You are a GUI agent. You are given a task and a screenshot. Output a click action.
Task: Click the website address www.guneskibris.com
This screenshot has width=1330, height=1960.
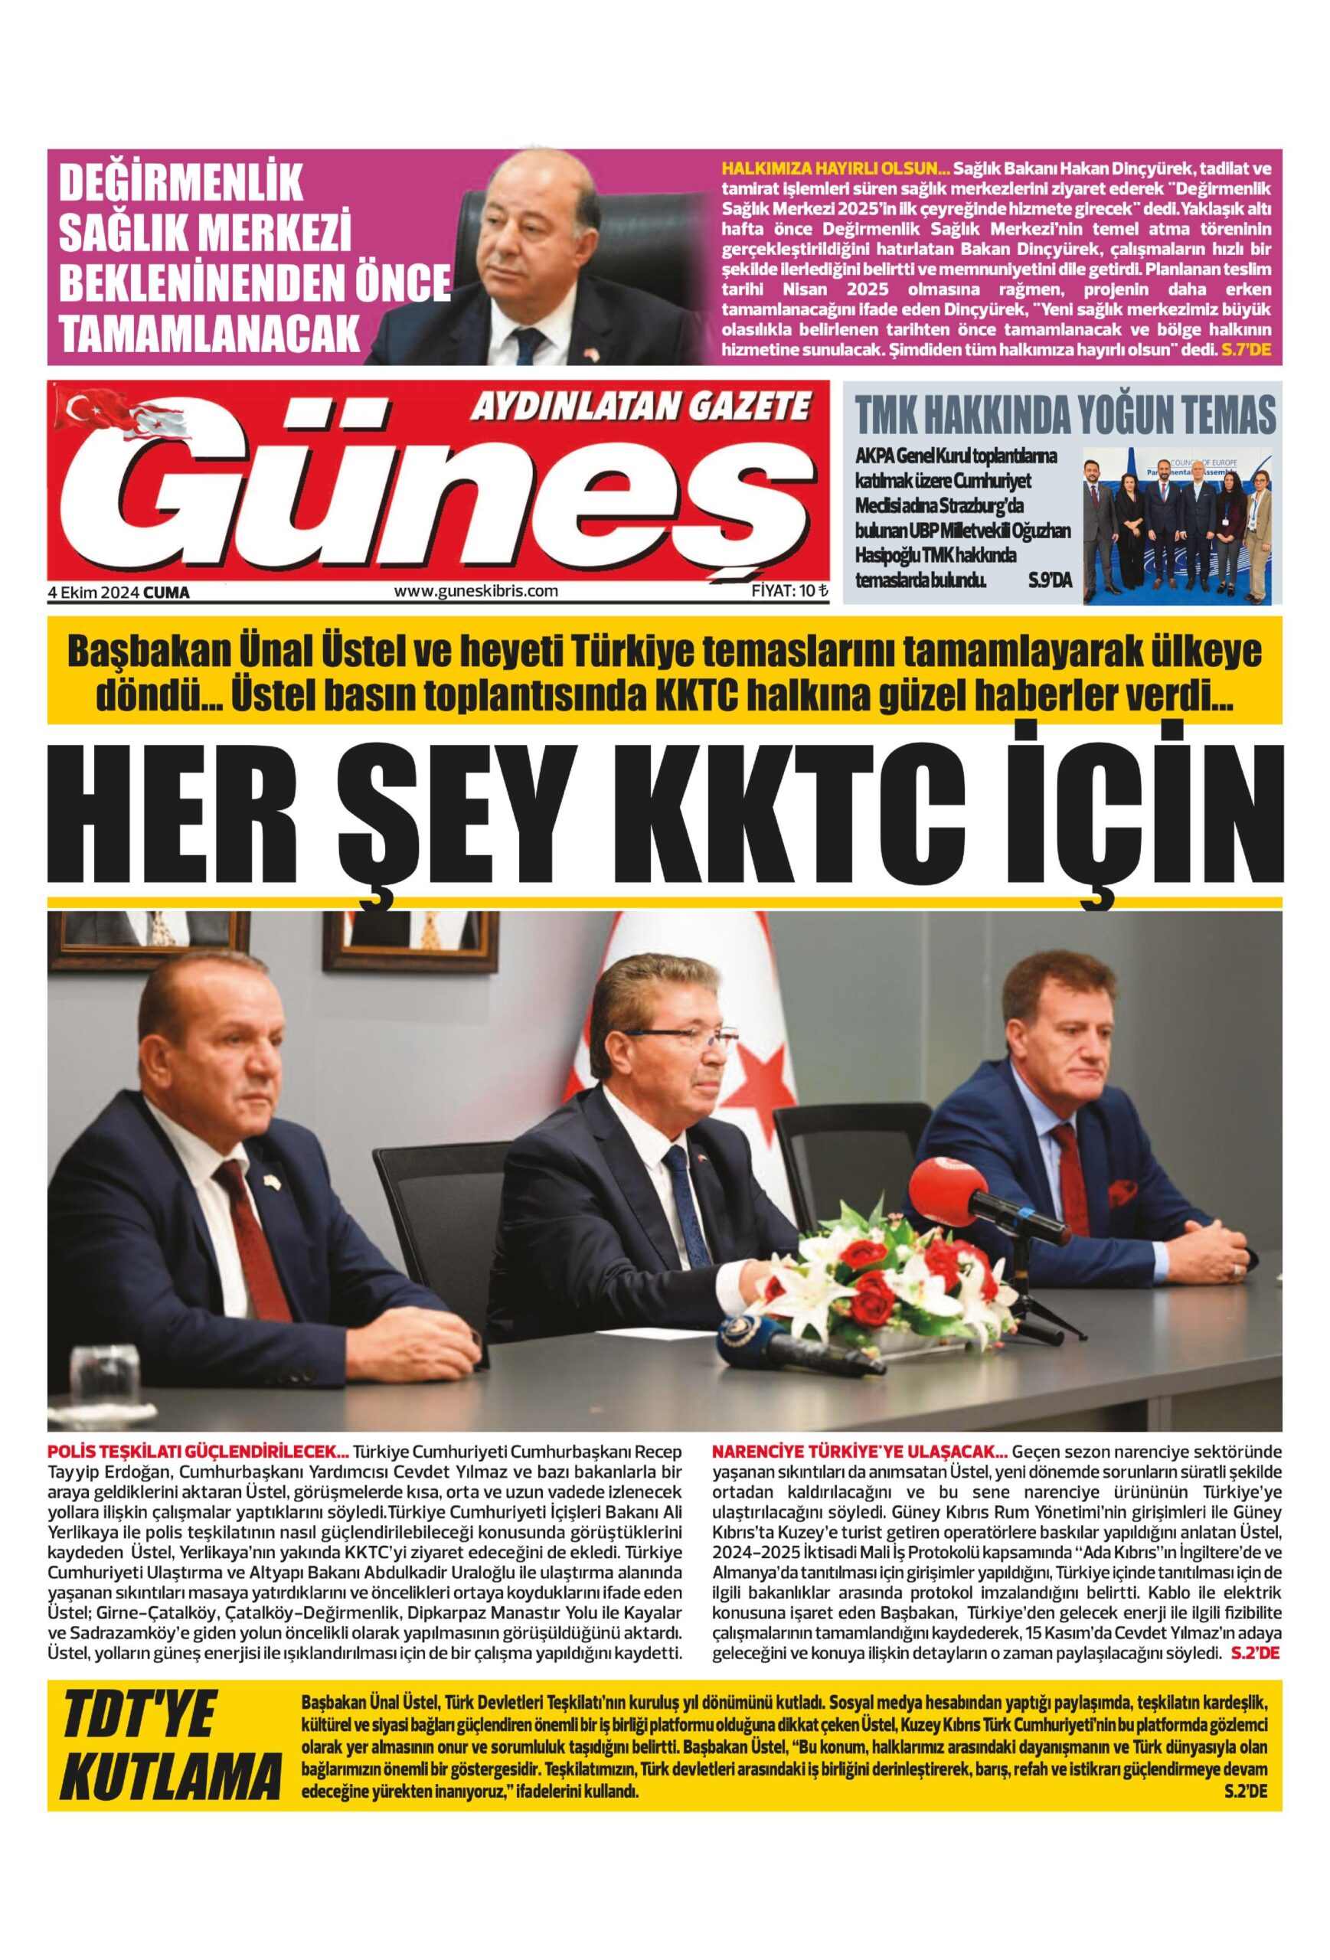pyautogui.click(x=475, y=591)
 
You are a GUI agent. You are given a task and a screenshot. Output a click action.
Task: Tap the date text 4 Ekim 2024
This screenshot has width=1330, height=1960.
pyautogui.click(x=93, y=593)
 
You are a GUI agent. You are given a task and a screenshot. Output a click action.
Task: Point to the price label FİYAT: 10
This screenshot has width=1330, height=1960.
pyautogui.click(x=789, y=591)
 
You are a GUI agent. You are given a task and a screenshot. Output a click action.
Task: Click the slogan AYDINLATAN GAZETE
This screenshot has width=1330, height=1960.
pyautogui.click(x=639, y=408)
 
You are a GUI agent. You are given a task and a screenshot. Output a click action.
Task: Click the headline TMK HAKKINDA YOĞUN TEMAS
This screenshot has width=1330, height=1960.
pyautogui.click(x=1065, y=414)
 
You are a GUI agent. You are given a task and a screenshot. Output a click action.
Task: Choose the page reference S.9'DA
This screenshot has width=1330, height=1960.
pyautogui.click(x=1050, y=580)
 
